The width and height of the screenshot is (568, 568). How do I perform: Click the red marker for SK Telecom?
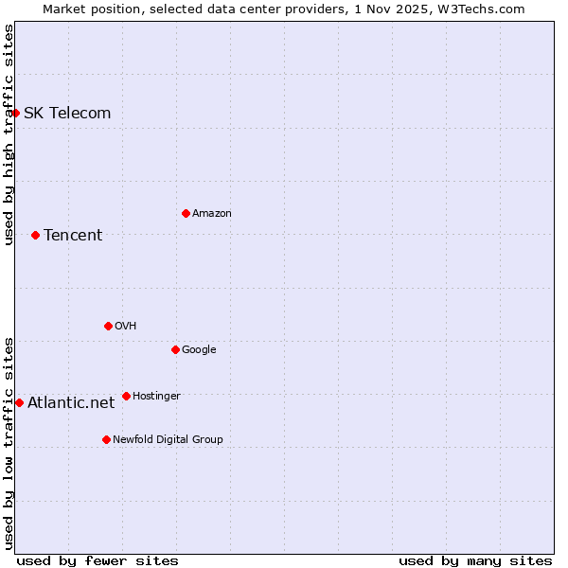point(15,113)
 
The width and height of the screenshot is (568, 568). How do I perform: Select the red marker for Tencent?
point(35,235)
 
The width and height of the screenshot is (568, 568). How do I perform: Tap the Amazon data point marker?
point(186,213)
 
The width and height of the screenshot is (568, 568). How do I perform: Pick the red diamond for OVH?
point(108,326)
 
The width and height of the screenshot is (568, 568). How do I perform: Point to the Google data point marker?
point(175,349)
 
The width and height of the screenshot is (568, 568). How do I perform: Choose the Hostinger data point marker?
point(126,396)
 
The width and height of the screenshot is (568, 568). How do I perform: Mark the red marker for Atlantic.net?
point(19,402)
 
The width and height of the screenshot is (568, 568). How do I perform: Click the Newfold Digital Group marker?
point(106,439)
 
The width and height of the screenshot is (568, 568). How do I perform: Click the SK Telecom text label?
point(67,114)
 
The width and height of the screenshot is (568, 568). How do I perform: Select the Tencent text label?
point(73,236)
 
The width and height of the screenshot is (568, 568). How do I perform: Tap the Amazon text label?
point(212,214)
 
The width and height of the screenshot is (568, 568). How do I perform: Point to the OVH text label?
point(126,327)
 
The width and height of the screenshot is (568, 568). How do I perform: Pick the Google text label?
point(199,350)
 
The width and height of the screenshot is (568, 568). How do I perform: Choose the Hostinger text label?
point(156,397)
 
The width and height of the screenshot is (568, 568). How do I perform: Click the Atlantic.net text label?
point(71,403)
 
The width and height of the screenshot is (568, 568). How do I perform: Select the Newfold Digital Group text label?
point(168,440)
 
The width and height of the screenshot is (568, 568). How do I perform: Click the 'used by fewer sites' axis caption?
point(98,561)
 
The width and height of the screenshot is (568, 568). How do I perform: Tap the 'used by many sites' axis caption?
point(475,561)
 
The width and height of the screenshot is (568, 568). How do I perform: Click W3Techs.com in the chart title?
point(481,9)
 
